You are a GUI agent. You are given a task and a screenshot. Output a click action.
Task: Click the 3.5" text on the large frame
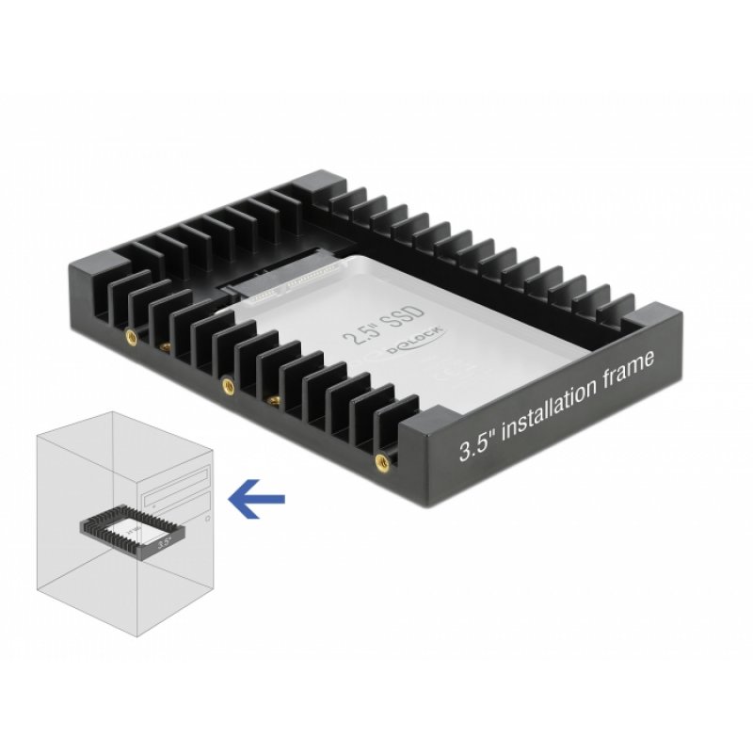pos(475,441)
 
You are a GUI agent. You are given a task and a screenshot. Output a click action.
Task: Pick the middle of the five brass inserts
pos(226,383)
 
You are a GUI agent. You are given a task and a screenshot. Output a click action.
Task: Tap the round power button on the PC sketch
pos(207,519)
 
